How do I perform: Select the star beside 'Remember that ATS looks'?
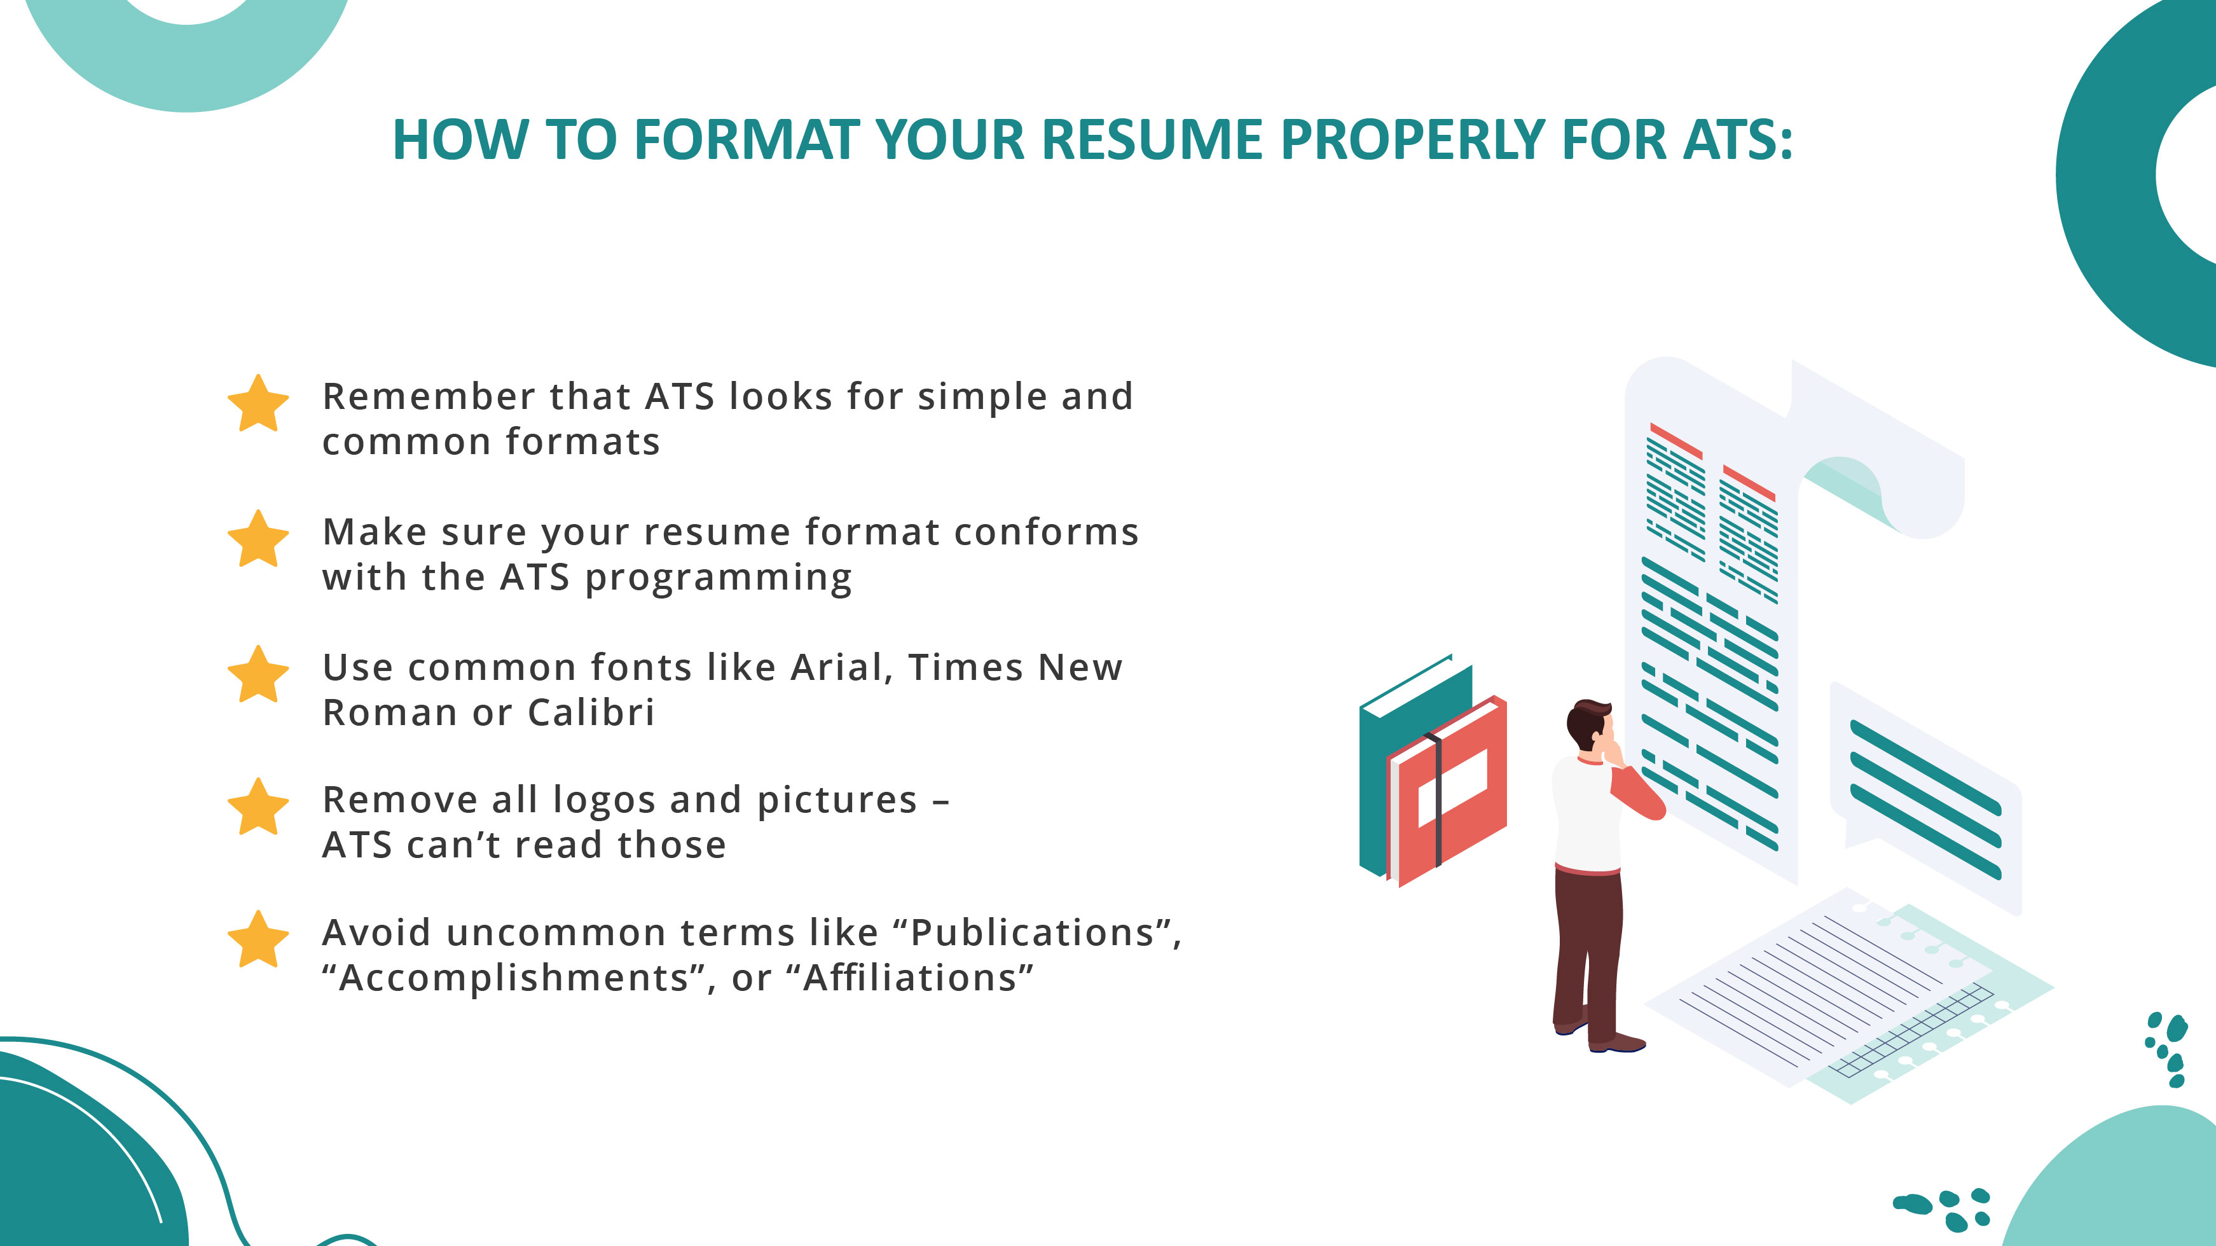coord(258,405)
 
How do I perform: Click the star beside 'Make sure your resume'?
coord(258,539)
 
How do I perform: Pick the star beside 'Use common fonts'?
coord(258,675)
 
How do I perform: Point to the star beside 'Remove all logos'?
coord(258,808)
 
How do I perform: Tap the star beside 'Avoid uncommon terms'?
coord(258,941)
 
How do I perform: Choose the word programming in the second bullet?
coord(719,578)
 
